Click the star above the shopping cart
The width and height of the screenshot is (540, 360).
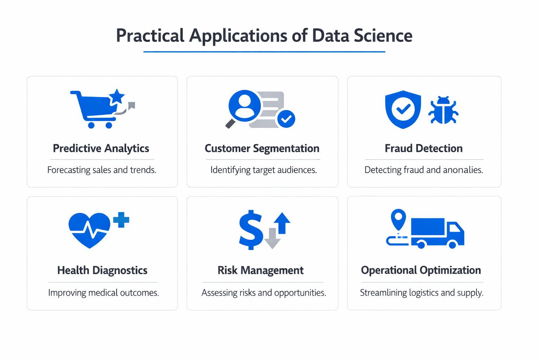point(117,96)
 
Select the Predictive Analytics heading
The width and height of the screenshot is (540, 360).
point(101,148)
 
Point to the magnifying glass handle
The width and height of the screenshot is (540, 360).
point(231,123)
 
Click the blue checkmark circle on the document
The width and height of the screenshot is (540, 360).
point(286,119)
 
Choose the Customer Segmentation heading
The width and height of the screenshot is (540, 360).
point(262,148)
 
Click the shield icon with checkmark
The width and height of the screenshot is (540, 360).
point(403,109)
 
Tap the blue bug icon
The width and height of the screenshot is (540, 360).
point(443,110)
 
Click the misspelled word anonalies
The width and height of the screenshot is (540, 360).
point(463,170)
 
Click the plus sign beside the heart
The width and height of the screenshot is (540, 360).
point(121,220)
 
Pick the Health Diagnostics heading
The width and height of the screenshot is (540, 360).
point(102,270)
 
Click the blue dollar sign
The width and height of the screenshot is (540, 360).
point(250,230)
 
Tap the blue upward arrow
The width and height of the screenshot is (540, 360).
point(282,223)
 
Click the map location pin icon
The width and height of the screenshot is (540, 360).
point(398,219)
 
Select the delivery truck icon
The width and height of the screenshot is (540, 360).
point(437,232)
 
